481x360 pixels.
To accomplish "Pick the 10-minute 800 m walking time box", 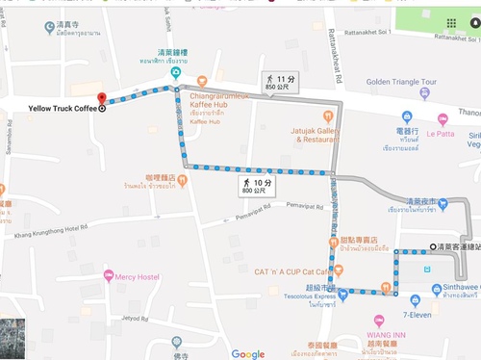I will (256, 185).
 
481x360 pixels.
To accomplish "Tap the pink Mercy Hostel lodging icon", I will (109, 277).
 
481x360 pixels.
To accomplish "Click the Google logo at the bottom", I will (247, 352).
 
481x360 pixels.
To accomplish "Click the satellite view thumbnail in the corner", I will (13, 338).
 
